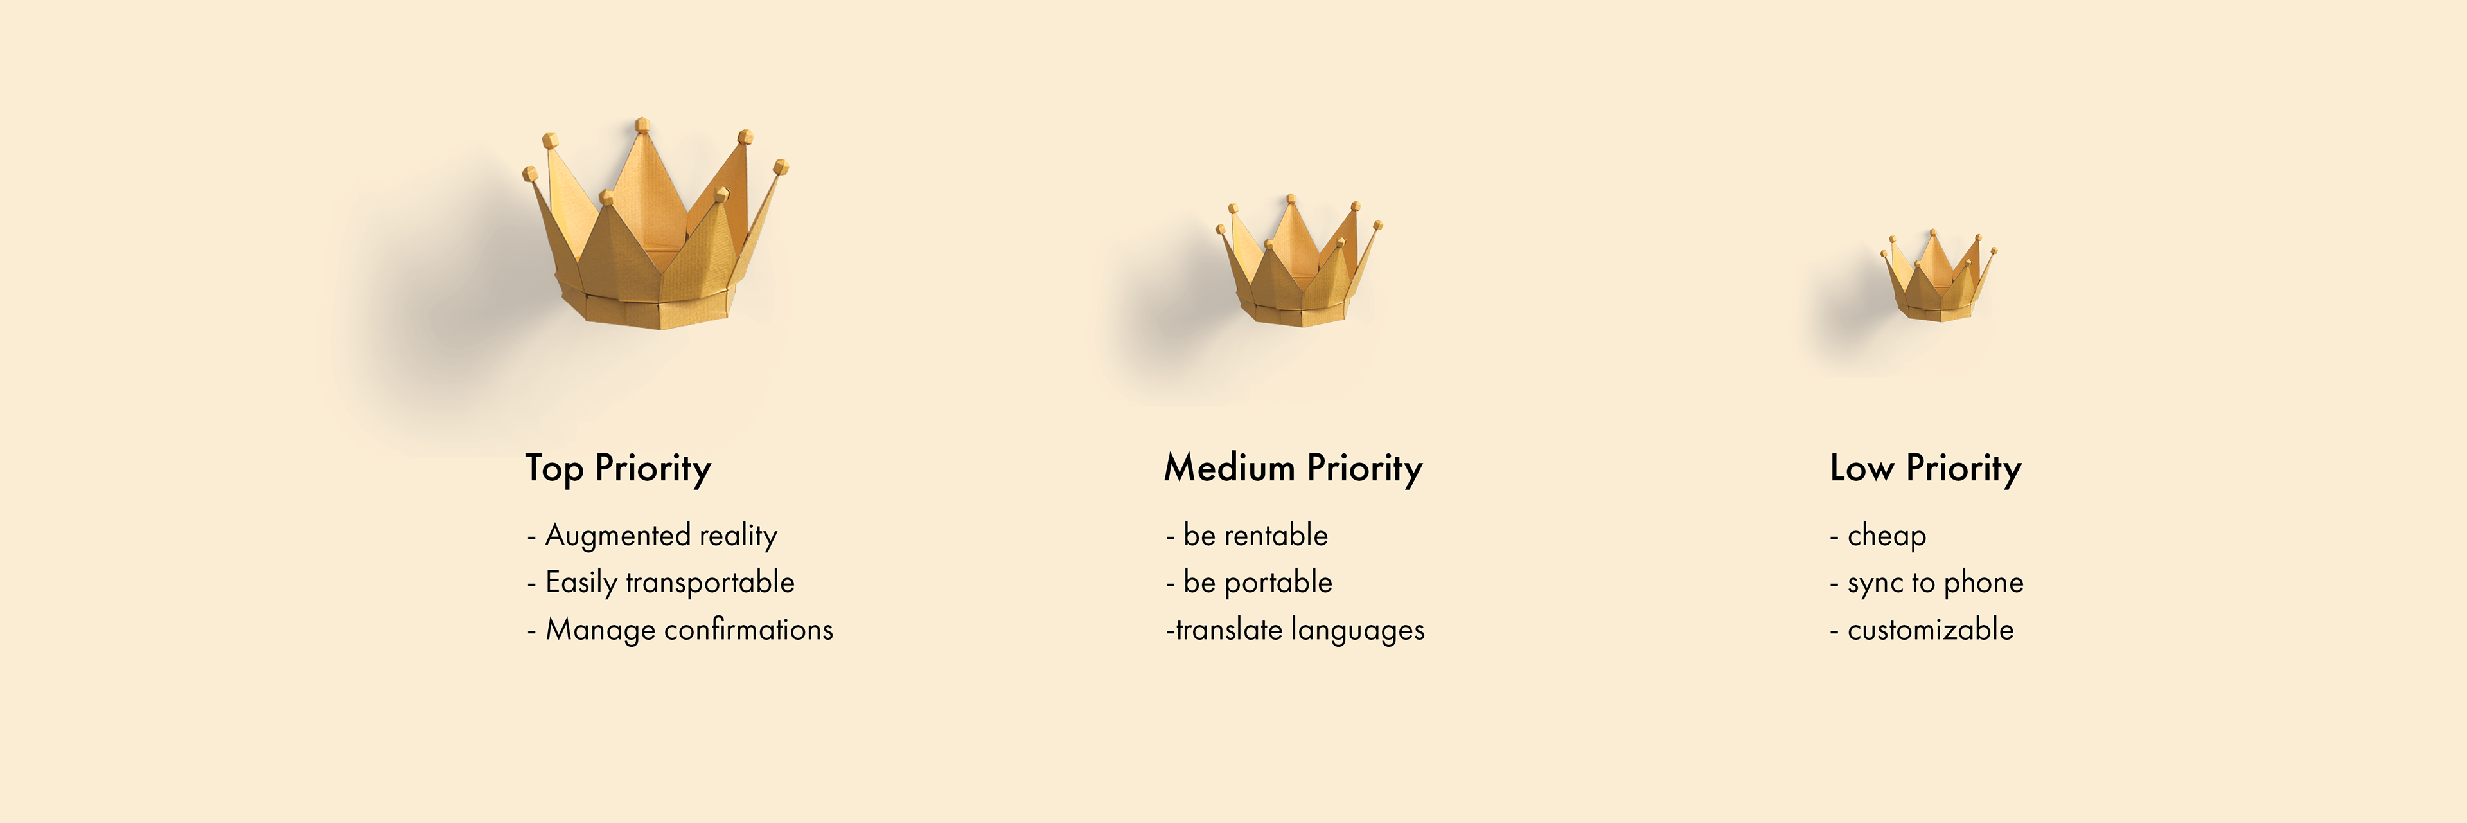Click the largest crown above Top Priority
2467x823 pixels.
pos(656,240)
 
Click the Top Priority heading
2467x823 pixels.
pos(617,469)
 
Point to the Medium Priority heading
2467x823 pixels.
pos(1293,469)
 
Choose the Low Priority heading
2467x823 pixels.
pos(1925,469)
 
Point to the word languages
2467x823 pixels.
pos(1358,630)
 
